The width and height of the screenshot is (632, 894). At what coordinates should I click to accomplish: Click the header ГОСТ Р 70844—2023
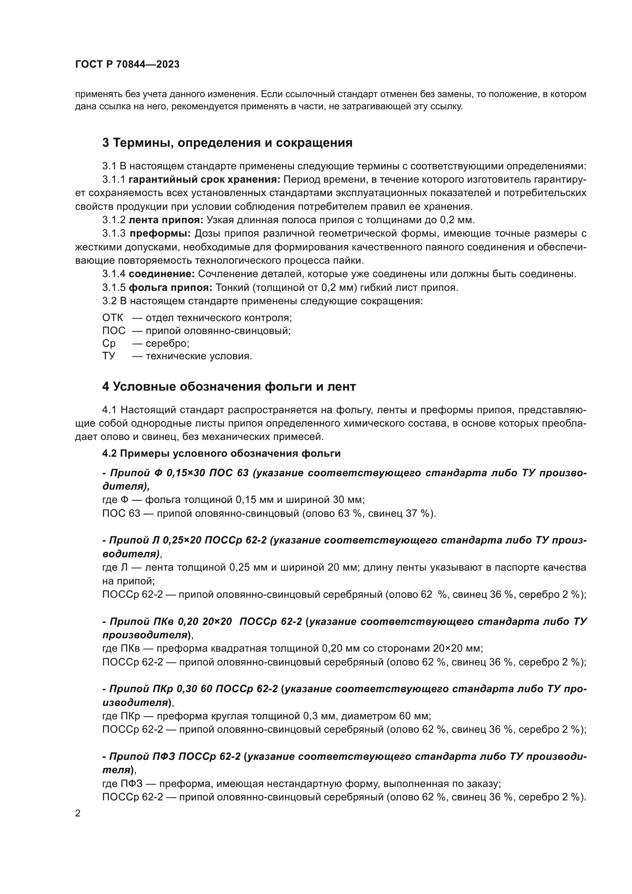[127, 65]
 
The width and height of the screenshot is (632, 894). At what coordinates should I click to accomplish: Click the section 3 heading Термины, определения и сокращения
[227, 143]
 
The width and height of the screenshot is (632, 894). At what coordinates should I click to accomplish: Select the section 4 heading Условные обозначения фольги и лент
[229, 387]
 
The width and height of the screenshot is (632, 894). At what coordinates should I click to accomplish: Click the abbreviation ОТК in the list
[112, 318]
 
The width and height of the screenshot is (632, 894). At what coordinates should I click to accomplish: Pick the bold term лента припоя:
[166, 220]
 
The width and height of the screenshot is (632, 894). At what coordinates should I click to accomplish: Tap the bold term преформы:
[160, 234]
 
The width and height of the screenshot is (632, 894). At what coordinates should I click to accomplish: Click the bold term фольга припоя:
[170, 288]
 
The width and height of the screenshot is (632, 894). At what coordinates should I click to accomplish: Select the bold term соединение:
[162, 274]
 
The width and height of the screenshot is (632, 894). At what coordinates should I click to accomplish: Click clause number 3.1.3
[113, 234]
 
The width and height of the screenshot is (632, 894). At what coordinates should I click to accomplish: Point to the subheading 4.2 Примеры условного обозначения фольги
[222, 454]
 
